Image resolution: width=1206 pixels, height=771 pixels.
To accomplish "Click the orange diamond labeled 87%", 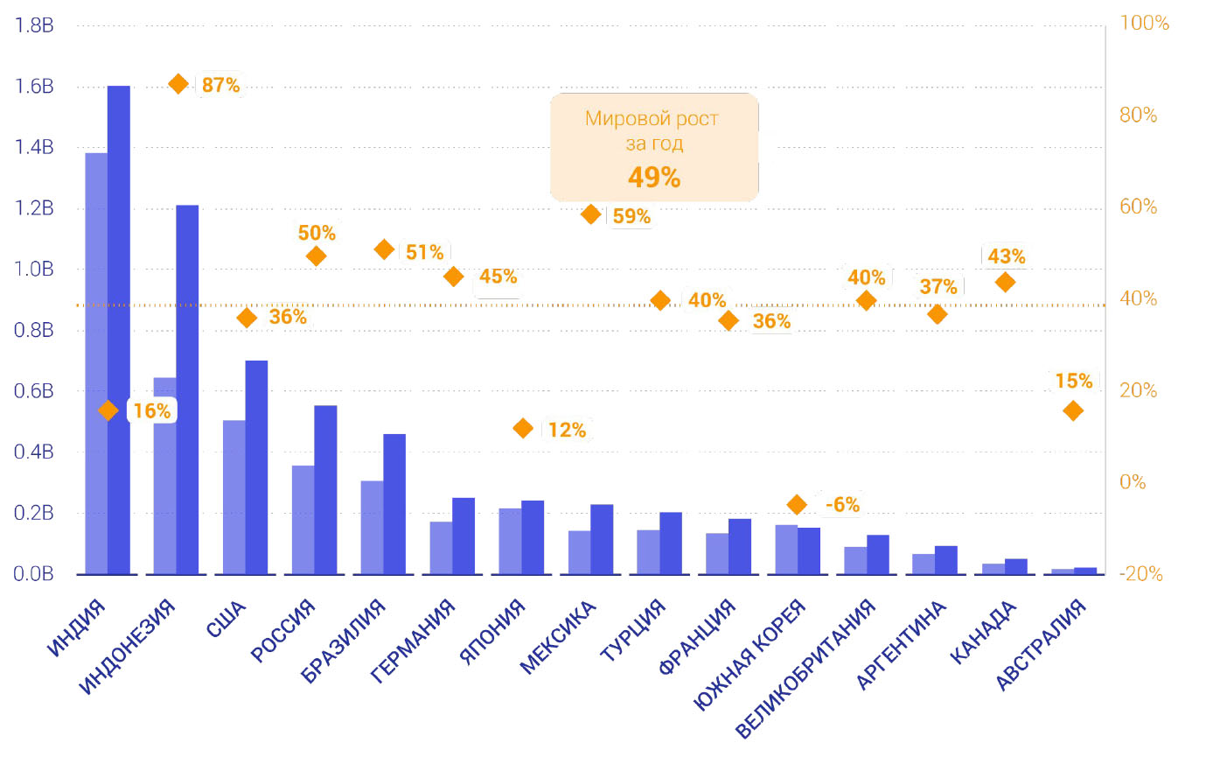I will coord(178,84).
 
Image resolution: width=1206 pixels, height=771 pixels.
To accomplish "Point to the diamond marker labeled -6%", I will coord(797,504).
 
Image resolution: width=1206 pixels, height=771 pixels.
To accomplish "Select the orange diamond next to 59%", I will coord(591,214).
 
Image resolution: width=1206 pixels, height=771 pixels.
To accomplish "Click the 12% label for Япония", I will coord(567,430).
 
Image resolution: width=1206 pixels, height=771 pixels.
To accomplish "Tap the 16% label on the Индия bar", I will coord(152,410).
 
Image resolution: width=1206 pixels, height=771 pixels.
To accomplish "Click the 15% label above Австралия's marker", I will coord(1073,381).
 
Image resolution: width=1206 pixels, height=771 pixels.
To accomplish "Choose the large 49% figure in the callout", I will coord(654,178).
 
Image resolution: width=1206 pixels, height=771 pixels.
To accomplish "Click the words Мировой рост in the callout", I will coord(652,119).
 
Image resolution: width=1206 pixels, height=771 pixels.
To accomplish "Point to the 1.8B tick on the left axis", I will coord(34,25).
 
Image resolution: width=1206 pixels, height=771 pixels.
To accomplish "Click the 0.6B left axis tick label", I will coord(34,391).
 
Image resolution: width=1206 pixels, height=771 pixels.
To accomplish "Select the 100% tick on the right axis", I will coord(1144,23).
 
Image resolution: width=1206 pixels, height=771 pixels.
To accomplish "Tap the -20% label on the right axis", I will coord(1141,574).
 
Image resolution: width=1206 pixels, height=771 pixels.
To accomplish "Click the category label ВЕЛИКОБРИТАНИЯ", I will coord(805,669).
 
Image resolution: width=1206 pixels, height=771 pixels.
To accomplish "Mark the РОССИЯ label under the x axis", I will coord(282,631).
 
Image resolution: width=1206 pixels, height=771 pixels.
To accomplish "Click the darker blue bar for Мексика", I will coord(602,539).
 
